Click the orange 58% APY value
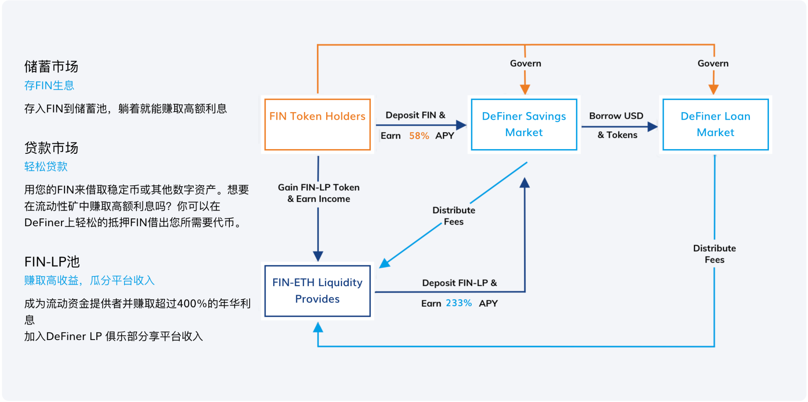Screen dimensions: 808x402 [419, 136]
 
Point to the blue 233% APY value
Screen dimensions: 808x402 [459, 303]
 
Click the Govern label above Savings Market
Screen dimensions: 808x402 [526, 63]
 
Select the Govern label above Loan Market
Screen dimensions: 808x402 [713, 63]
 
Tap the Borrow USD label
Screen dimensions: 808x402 [616, 116]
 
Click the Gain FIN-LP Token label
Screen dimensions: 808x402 [319, 188]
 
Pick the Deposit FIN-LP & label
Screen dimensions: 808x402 [460, 283]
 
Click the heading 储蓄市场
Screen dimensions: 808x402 [51, 67]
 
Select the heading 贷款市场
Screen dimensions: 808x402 [51, 148]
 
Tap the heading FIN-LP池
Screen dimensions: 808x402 [52, 262]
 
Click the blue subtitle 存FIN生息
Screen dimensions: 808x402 [49, 86]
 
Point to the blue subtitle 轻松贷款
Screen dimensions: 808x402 [46, 166]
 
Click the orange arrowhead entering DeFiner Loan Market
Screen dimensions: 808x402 [713, 89]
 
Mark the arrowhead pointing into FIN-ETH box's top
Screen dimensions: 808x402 [318, 256]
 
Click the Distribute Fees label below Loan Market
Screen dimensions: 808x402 [715, 254]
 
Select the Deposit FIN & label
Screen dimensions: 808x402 [415, 115]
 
